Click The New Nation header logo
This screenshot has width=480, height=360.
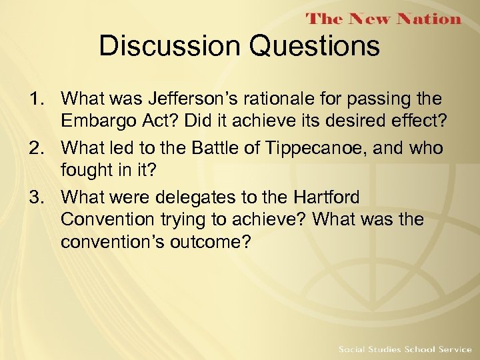point(383,19)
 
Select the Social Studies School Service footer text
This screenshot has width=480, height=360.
point(404,349)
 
